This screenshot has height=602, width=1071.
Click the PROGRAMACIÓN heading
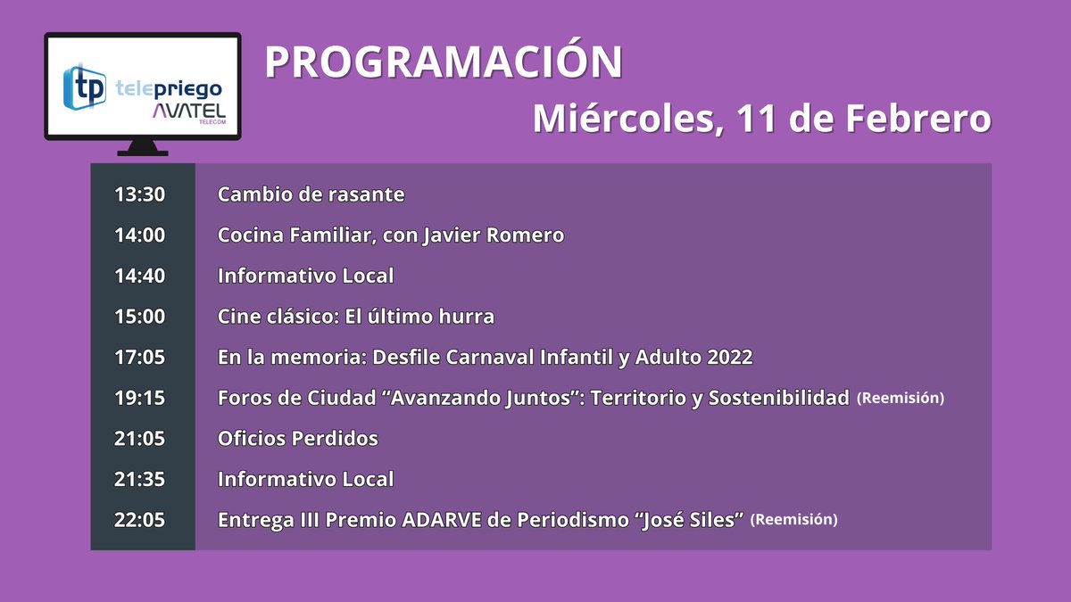[444, 62]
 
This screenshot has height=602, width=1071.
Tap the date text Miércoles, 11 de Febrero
[761, 119]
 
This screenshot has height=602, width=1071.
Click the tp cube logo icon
[86, 87]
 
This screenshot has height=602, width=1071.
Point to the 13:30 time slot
[140, 194]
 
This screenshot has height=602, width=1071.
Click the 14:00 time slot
[140, 235]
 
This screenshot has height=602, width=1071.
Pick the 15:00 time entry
[140, 317]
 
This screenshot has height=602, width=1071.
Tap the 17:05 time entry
[140, 358]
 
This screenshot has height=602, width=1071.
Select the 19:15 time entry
[140, 398]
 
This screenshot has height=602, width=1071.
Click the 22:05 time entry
[140, 520]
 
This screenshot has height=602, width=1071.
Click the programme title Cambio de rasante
[311, 194]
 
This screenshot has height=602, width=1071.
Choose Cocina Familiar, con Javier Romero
[391, 235]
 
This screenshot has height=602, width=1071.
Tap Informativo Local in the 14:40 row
[305, 276]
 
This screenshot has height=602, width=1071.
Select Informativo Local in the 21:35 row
[305, 479]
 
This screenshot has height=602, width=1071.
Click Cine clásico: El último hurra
[356, 317]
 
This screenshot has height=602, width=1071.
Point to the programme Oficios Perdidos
[298, 439]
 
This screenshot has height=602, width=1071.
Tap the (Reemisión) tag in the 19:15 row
[900, 398]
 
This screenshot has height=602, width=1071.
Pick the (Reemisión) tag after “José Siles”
[794, 519]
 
